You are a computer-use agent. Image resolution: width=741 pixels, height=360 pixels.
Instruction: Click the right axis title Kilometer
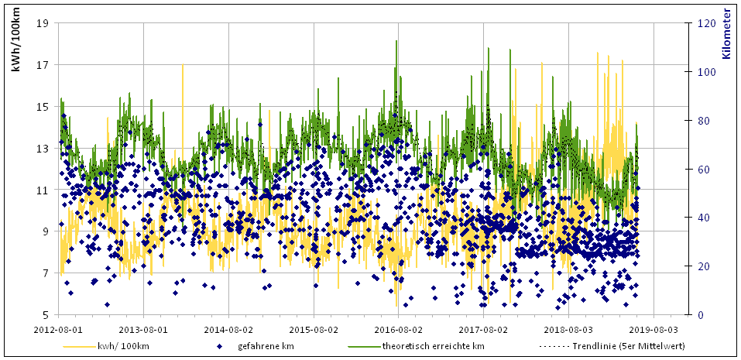click(727, 34)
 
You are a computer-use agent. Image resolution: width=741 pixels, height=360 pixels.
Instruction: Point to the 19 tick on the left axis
click(43, 23)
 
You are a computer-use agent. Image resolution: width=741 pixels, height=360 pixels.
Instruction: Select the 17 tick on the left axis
click(43, 65)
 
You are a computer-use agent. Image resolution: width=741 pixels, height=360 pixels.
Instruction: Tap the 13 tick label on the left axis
click(43, 149)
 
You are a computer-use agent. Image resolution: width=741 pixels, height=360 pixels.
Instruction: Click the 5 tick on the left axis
click(46, 315)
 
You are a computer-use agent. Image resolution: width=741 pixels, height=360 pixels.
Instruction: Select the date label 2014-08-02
click(228, 328)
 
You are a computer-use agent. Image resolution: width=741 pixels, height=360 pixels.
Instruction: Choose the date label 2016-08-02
click(398, 328)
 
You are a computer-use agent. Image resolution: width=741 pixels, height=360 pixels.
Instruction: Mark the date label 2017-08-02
click(483, 328)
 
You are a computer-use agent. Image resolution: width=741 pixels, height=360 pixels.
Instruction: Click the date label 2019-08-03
click(654, 328)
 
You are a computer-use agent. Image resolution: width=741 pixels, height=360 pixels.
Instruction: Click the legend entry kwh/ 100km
click(124, 346)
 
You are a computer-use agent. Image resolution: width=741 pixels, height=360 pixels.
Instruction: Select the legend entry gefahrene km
click(266, 346)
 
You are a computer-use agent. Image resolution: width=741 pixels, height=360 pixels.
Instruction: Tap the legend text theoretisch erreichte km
click(434, 346)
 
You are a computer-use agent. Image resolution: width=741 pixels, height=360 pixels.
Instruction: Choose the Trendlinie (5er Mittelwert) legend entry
click(627, 346)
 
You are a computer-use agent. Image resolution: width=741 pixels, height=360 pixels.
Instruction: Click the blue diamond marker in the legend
click(219, 346)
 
